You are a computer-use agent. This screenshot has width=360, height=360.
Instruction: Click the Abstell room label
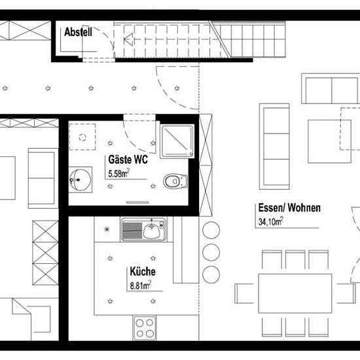[78, 32]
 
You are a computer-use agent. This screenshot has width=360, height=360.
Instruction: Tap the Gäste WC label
[128, 160]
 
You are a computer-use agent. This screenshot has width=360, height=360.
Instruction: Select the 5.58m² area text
[118, 173]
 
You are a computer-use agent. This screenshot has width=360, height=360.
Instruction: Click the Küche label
[143, 272]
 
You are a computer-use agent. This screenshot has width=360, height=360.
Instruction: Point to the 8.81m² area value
[141, 285]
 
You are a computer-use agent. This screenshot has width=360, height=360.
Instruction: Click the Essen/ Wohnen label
[289, 207]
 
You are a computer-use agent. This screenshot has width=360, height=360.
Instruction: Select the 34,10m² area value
[271, 221]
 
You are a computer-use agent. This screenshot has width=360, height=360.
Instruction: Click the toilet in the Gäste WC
[175, 181]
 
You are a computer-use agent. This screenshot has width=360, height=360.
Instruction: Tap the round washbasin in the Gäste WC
[80, 180]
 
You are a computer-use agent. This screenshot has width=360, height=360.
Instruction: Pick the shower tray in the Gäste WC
[177, 141]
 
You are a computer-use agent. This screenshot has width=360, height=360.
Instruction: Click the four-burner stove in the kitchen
[145, 328]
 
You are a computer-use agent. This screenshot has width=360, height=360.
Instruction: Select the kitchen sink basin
[151, 230]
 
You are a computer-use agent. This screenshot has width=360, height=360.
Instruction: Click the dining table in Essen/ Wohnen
[295, 293]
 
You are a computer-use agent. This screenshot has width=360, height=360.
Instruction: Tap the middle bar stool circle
[211, 252]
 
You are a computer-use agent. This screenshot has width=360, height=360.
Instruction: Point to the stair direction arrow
[129, 39]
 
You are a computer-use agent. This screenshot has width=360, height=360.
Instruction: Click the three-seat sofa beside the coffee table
[274, 147]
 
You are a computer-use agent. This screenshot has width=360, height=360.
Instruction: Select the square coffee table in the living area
[329, 141]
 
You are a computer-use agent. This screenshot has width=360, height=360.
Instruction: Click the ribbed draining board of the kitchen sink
[132, 230]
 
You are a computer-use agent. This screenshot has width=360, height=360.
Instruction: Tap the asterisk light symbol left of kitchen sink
[107, 229]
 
